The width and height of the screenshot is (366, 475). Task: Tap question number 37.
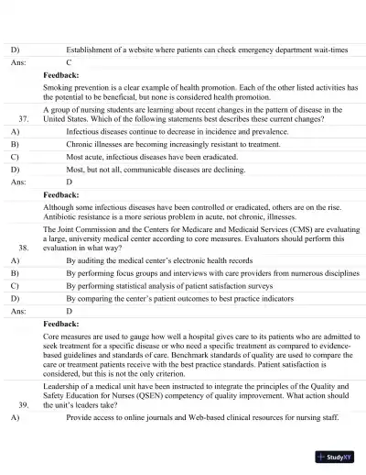click(24, 119)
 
